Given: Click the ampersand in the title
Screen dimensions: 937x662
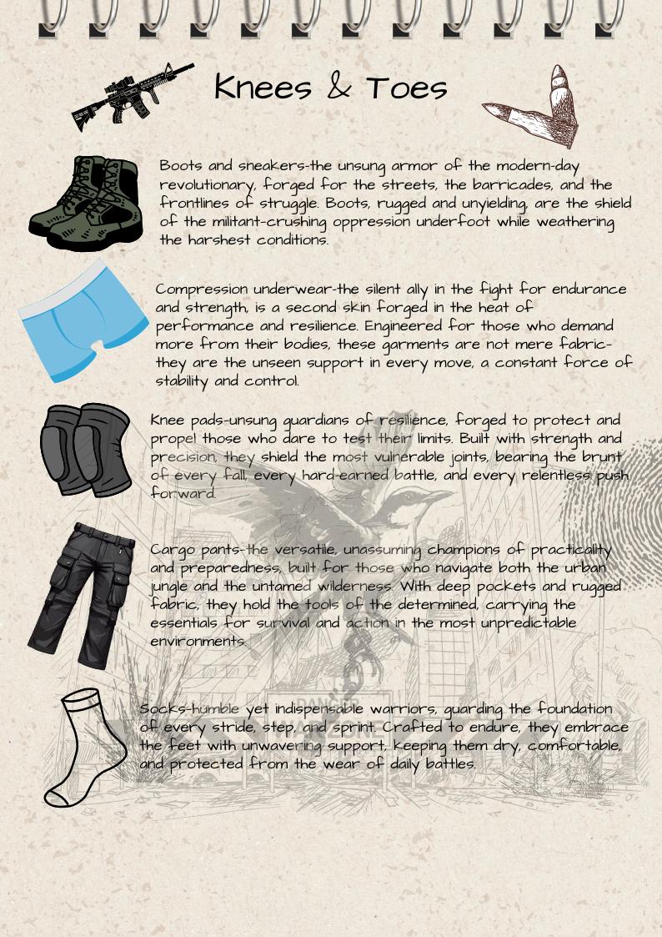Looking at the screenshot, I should [338, 88].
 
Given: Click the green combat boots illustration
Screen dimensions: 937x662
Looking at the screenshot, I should [85, 203].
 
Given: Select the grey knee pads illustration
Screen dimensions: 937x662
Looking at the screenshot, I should [86, 450].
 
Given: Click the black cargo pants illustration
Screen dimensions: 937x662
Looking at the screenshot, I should [80, 593].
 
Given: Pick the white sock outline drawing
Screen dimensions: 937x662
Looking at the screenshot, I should [83, 747].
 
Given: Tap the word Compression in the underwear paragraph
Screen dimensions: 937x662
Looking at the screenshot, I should [202, 290].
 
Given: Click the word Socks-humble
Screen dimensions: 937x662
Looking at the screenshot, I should [189, 709].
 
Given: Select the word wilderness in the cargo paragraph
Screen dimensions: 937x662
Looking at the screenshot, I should [349, 587].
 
